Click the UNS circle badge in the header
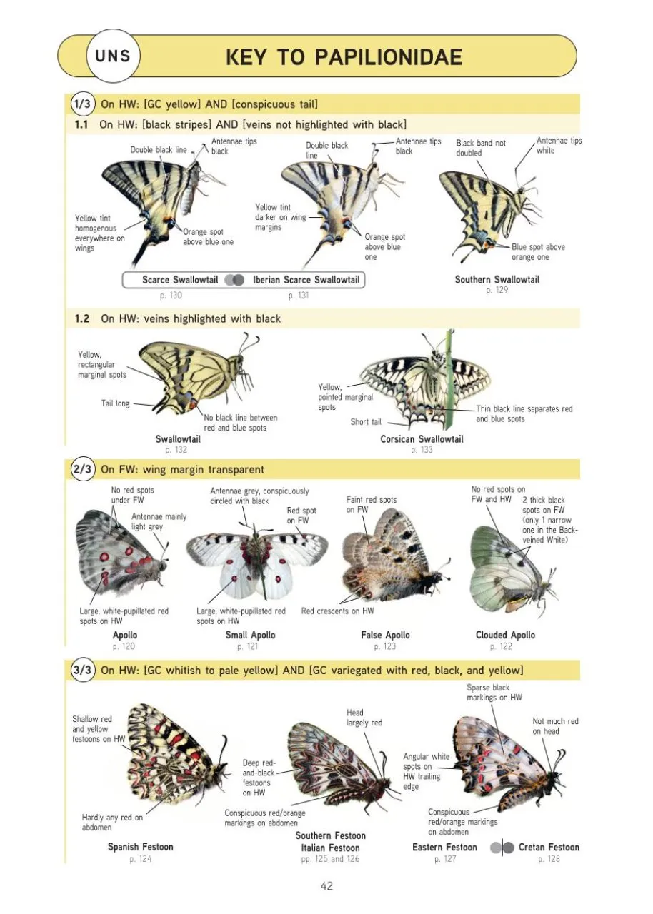pyautogui.click(x=113, y=56)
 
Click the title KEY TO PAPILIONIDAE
pyautogui.click(x=344, y=56)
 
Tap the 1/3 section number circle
pyautogui.click(x=82, y=104)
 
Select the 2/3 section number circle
pyautogui.click(x=82, y=469)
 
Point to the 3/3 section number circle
pyautogui.click(x=82, y=670)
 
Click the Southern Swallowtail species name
pyautogui.click(x=497, y=279)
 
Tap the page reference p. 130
pyautogui.click(x=171, y=296)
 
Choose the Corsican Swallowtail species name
pyautogui.click(x=422, y=439)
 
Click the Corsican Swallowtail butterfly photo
pyautogui.click(x=425, y=381)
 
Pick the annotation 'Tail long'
pyautogui.click(x=115, y=403)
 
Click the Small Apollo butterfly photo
pyautogui.click(x=257, y=562)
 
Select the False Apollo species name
pyautogui.click(x=385, y=635)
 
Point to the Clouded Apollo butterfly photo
pyautogui.click(x=514, y=570)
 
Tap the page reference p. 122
pyautogui.click(x=501, y=646)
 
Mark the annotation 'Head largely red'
pyautogui.click(x=364, y=718)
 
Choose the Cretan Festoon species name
pyautogui.click(x=549, y=847)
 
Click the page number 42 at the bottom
pyautogui.click(x=326, y=886)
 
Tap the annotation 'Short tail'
pyautogui.click(x=366, y=422)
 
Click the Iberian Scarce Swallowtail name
pyautogui.click(x=306, y=280)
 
